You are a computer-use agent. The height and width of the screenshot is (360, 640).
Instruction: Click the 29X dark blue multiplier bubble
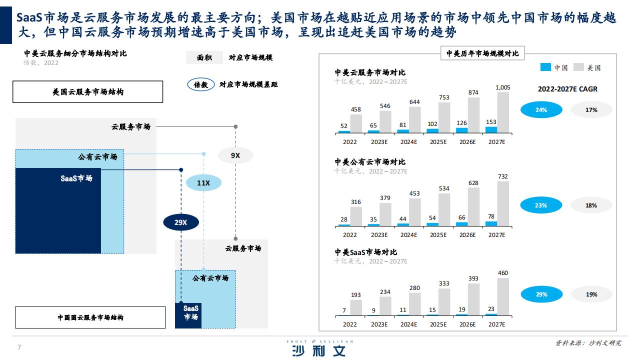181,222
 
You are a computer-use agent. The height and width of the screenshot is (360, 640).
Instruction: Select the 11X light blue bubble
203,183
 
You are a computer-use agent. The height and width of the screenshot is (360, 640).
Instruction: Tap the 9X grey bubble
235,155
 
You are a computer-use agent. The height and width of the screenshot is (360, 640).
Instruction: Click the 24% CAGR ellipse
541,109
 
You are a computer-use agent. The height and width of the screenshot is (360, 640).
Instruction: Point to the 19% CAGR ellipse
591,294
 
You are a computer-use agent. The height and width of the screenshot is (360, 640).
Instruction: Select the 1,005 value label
503,87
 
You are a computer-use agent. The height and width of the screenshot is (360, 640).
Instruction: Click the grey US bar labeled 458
356,123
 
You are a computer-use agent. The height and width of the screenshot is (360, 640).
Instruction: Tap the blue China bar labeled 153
491,130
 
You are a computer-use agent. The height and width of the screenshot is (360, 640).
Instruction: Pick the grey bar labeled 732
503,204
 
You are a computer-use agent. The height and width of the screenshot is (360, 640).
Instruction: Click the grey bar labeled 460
503,297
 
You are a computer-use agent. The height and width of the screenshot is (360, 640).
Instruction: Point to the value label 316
355,202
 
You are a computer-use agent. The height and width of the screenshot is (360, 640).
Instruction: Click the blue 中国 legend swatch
545,67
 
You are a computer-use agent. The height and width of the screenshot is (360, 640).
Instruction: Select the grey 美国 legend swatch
578,67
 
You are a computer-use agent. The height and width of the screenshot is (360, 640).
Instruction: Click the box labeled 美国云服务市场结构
87,91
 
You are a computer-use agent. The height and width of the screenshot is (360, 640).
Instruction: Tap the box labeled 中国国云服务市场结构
90,317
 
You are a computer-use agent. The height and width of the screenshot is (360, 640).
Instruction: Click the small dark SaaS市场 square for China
188,315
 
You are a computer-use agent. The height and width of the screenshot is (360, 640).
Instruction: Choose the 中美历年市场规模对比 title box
482,53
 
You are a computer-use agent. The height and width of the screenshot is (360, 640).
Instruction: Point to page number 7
19,347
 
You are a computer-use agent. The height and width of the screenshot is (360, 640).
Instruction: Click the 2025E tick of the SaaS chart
438,324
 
